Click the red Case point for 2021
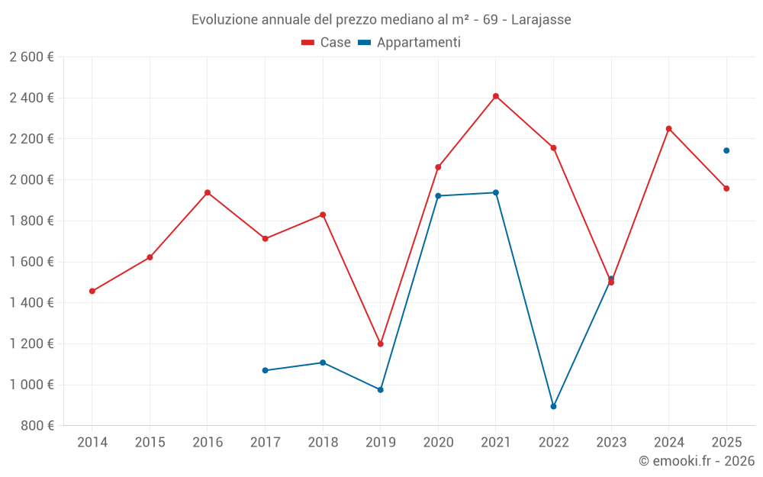[x=496, y=96]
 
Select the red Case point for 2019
[x=381, y=343]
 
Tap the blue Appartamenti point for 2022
[x=553, y=406]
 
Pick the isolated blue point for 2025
[x=726, y=150]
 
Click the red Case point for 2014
[x=92, y=291]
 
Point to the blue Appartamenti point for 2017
[x=265, y=370]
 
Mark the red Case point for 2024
[x=669, y=128]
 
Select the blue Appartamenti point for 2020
[x=438, y=195]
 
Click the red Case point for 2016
[x=208, y=192]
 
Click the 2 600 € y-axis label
[x=31, y=56]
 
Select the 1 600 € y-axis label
[x=31, y=262]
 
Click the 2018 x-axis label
[x=323, y=442]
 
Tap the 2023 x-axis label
[x=611, y=442]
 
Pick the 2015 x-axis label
[x=150, y=442]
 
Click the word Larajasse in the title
[x=540, y=19]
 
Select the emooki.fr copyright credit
[x=696, y=461]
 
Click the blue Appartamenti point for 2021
[x=496, y=192]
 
